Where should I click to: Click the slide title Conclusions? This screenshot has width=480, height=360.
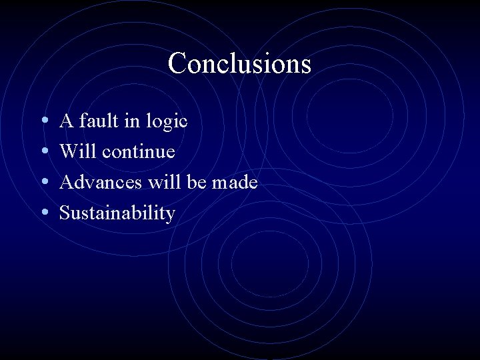(x=239, y=64)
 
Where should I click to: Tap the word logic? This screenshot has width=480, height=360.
(x=169, y=122)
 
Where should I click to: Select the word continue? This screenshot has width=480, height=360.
(x=138, y=151)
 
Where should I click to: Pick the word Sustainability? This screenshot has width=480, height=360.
(x=117, y=213)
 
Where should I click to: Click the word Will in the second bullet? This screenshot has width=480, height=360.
(x=77, y=151)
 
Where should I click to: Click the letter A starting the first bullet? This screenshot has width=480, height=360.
(x=66, y=121)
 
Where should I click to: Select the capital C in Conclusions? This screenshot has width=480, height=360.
(x=177, y=64)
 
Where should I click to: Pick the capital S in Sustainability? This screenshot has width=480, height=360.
(x=65, y=213)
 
